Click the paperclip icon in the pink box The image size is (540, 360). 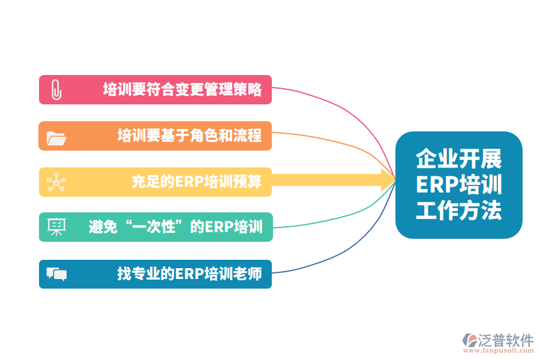pyautogui.click(x=56, y=89)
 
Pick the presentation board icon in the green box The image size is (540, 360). pyautogui.click(x=56, y=227)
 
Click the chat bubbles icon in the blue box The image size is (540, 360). pyautogui.click(x=56, y=274)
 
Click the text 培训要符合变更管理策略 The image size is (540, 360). pyautogui.click(x=182, y=89)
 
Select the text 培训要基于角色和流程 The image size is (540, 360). pyautogui.click(x=190, y=136)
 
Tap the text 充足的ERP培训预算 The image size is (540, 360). pyautogui.click(x=197, y=182)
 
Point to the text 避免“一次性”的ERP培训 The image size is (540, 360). pyautogui.click(x=175, y=227)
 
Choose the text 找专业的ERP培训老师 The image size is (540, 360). pyautogui.click(x=190, y=274)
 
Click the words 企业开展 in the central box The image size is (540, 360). pyautogui.click(x=459, y=160)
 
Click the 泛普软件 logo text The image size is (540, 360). pyautogui.click(x=506, y=340)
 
